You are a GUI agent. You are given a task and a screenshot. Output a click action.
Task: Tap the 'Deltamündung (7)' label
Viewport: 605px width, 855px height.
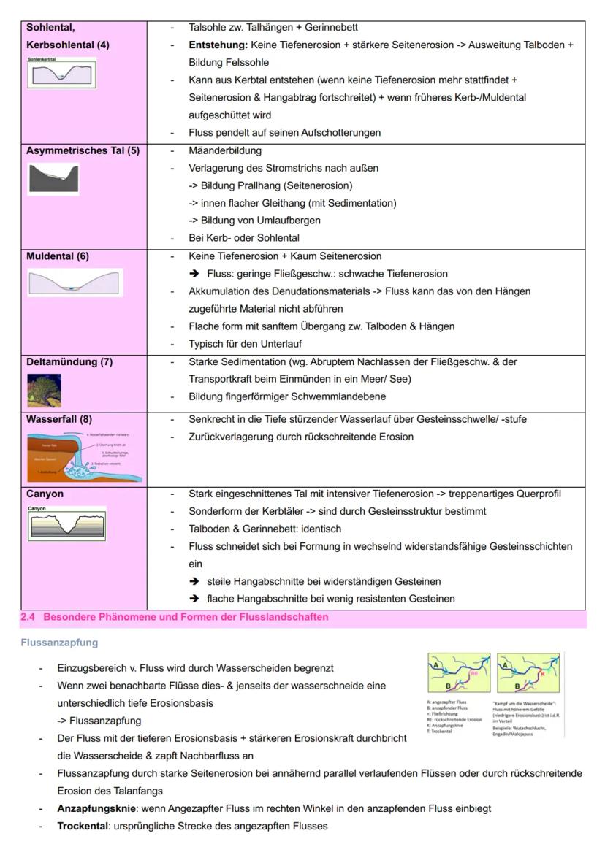[69, 361]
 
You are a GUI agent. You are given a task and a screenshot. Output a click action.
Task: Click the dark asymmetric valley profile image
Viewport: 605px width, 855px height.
[53, 178]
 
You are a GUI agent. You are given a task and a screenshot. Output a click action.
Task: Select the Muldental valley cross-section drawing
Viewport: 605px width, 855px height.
[75, 283]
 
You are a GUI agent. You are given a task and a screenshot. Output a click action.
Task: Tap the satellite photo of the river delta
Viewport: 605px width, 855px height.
[45, 390]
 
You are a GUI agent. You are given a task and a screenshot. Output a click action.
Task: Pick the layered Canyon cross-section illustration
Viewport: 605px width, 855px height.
[66, 524]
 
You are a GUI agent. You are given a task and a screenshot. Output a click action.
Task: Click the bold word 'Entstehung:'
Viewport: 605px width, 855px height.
[218, 45]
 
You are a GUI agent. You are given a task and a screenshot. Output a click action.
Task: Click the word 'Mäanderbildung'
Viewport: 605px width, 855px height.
[224, 151]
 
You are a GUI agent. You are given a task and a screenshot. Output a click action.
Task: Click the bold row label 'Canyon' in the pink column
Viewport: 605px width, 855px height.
[45, 494]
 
